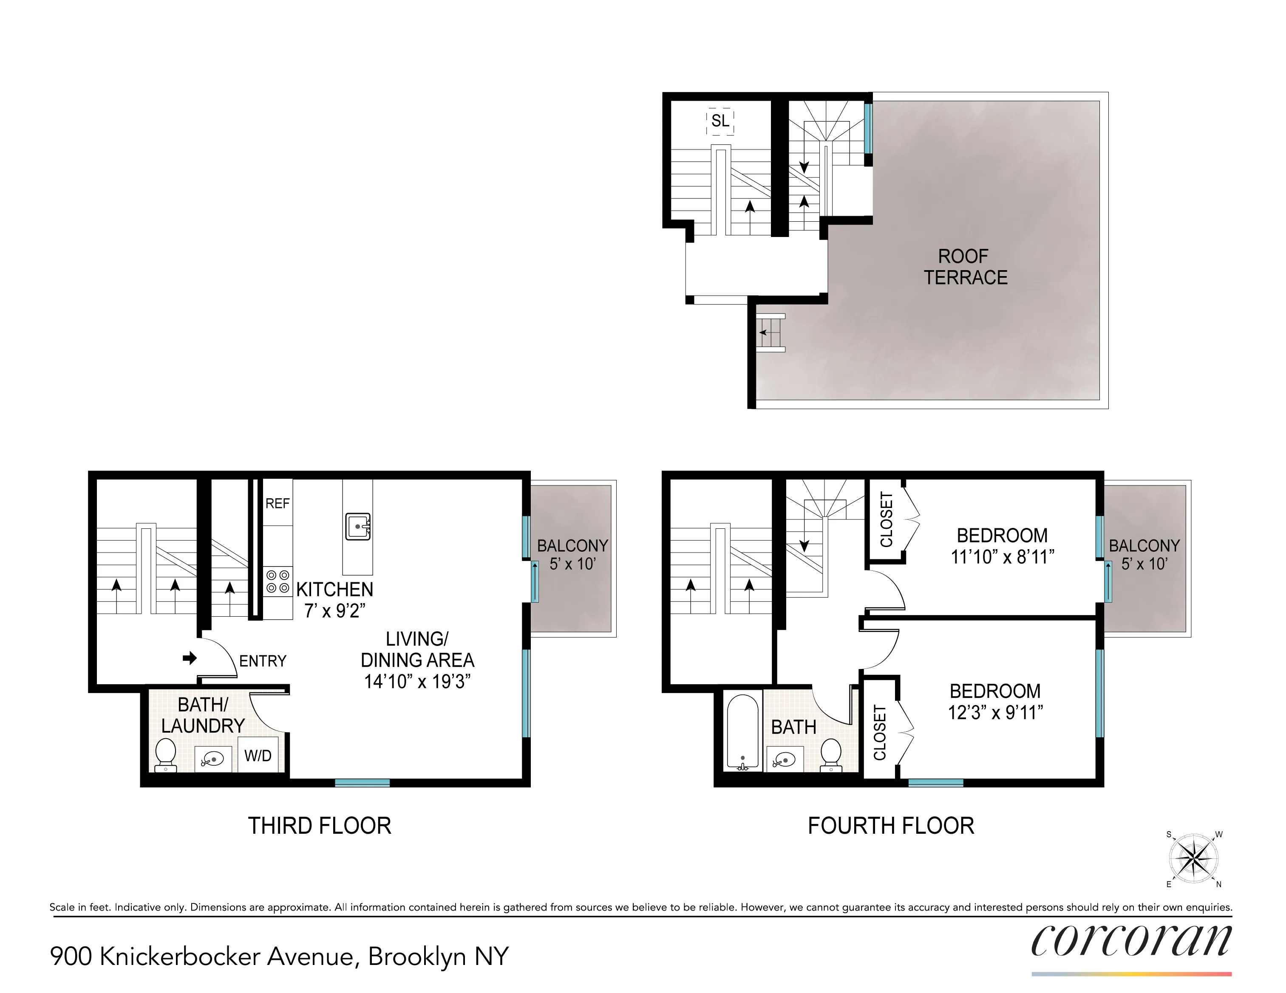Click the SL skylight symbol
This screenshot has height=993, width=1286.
[x=720, y=121]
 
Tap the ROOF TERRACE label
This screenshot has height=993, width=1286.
[x=965, y=267]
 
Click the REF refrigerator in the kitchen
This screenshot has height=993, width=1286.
[x=278, y=503]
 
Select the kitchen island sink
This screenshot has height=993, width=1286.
[x=357, y=526]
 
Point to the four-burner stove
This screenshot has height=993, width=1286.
[x=278, y=581]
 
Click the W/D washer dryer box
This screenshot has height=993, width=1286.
[x=258, y=756]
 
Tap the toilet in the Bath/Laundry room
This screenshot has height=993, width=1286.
[x=165, y=755]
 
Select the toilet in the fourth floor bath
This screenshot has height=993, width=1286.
[x=831, y=755]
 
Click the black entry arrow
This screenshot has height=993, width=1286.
[x=190, y=658]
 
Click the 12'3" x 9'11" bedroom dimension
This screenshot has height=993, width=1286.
[x=995, y=713]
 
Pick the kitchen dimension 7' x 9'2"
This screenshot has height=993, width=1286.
[x=334, y=611]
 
